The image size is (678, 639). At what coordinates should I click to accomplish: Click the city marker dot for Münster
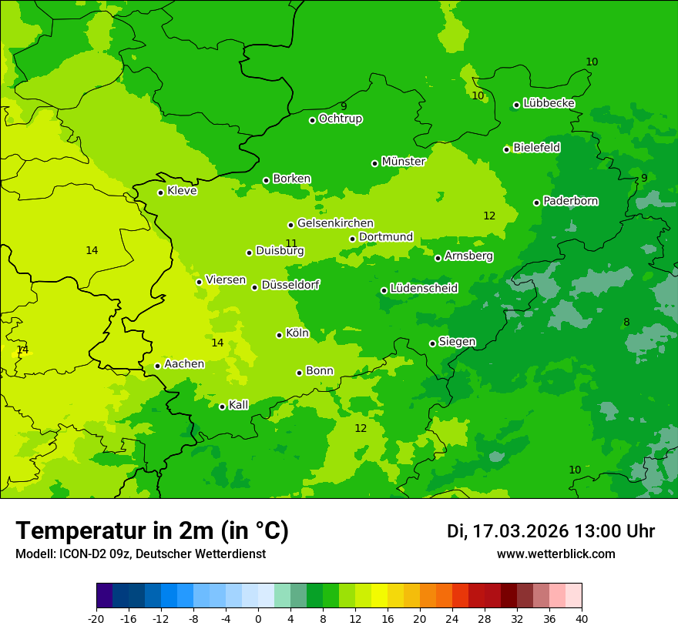point(374,163)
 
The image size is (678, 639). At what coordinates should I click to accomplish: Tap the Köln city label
point(297,333)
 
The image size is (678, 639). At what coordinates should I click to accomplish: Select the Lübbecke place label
point(549,103)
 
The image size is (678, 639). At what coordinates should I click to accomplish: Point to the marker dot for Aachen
point(157,366)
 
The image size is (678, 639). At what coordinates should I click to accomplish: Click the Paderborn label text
point(570,201)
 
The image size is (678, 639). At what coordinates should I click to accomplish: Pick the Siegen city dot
point(432,343)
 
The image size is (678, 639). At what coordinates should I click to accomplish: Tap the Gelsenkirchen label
point(335,223)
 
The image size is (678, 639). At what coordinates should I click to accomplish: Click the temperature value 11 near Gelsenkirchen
point(291,243)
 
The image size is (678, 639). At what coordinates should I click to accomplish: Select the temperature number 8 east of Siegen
point(626,322)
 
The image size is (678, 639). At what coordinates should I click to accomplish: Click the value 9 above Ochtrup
point(344,106)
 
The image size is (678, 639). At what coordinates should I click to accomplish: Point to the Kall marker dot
point(222,406)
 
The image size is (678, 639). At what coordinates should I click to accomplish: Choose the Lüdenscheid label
point(424,289)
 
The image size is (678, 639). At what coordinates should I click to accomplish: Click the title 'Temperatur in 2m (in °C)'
point(152,530)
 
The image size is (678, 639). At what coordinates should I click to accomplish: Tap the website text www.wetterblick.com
point(555,554)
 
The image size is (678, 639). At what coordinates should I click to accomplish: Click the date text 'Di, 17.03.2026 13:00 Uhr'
point(551,531)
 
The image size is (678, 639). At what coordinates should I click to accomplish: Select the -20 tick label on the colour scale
point(96,618)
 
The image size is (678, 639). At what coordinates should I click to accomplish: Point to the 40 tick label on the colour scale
point(582,618)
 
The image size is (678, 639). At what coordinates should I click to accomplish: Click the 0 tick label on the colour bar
point(258,618)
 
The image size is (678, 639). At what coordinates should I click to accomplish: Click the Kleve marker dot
point(160,192)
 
